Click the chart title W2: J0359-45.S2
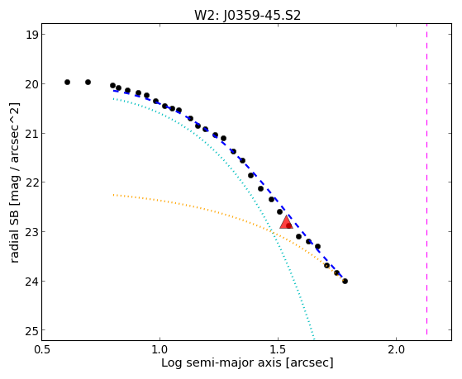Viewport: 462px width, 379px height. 247,15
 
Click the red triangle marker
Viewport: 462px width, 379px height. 286,222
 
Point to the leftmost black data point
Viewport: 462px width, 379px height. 67,83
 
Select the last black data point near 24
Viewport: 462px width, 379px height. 345,282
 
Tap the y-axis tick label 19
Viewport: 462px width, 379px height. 32,35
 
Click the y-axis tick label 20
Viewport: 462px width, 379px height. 32,84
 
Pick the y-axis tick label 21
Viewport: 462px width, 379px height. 32,134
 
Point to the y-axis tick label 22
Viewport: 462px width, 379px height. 32,182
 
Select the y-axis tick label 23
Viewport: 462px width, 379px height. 32,232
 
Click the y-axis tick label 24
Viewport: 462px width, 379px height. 32,282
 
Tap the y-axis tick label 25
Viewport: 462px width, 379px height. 32,330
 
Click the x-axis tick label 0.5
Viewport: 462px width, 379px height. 42,349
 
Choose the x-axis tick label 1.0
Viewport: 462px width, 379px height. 160,349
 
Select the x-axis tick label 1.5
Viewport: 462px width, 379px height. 279,349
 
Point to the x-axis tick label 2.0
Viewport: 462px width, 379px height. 396,349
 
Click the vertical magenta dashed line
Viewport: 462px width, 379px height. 426,179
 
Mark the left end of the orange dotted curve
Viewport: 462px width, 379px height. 113,195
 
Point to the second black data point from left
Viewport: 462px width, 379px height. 88,83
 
